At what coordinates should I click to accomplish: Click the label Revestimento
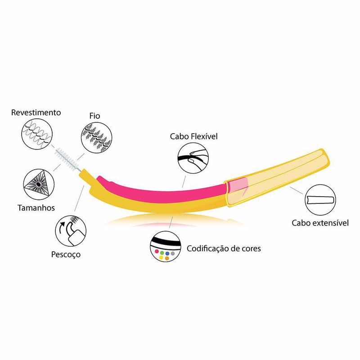[x=36, y=112]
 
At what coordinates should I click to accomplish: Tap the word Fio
[x=94, y=116]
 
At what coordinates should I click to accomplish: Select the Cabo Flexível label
[x=193, y=136]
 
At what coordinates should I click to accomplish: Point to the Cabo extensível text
[x=320, y=223]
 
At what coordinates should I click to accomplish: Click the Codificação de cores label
[x=224, y=249]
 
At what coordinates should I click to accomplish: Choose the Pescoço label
[x=66, y=255]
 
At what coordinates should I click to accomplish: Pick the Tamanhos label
[x=36, y=208]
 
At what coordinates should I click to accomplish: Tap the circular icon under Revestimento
[x=37, y=134]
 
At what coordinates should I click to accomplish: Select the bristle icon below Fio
[x=96, y=137]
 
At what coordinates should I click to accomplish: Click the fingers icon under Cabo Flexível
[x=193, y=158]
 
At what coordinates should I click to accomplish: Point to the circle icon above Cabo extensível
[x=320, y=200]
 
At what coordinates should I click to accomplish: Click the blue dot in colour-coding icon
[x=167, y=253]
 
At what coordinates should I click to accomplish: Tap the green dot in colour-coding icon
[x=162, y=253]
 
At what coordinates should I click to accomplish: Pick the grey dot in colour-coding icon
[x=173, y=253]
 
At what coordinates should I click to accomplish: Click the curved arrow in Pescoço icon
[x=61, y=228]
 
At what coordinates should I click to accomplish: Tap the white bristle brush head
[x=67, y=159]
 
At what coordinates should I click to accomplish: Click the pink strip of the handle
[x=161, y=191]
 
